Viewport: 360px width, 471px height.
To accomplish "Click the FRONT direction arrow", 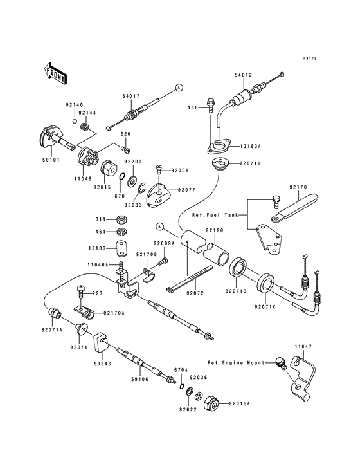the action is point(55,73).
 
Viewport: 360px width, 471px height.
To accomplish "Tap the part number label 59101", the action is point(51,160).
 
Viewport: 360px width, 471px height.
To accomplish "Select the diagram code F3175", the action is point(310,59).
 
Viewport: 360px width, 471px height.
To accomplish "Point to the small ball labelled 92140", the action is point(73,121).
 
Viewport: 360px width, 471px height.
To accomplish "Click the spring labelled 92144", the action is point(85,127).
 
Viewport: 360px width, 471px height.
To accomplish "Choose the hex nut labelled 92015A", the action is point(212,403).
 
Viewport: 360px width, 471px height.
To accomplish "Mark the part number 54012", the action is point(244,75).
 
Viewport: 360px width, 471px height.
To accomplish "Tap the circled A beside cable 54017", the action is point(179,88).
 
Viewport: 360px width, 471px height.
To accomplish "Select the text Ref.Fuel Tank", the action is point(215,215).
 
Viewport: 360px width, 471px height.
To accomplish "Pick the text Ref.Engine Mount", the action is point(237,363).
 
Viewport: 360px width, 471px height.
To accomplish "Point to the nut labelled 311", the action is point(122,219).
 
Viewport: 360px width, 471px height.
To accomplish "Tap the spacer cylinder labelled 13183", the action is point(121,248).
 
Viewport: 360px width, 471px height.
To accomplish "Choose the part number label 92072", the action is point(195,293).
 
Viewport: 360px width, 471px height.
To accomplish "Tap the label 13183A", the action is point(251,146).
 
